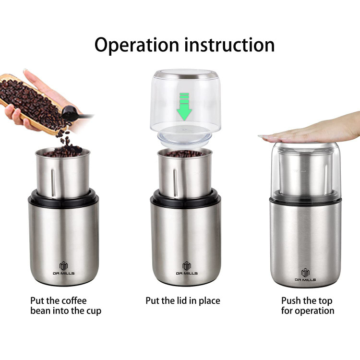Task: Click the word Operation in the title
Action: [x=137, y=45]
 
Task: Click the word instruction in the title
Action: [x=229, y=45]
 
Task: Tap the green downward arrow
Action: [x=184, y=107]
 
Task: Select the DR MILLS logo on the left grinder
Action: [x=63, y=268]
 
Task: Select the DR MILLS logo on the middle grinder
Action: [x=187, y=268]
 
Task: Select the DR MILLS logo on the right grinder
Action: [x=305, y=275]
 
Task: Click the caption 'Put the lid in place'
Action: [x=183, y=300]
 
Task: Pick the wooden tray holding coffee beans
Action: [x=32, y=103]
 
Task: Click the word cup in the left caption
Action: [x=94, y=311]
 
